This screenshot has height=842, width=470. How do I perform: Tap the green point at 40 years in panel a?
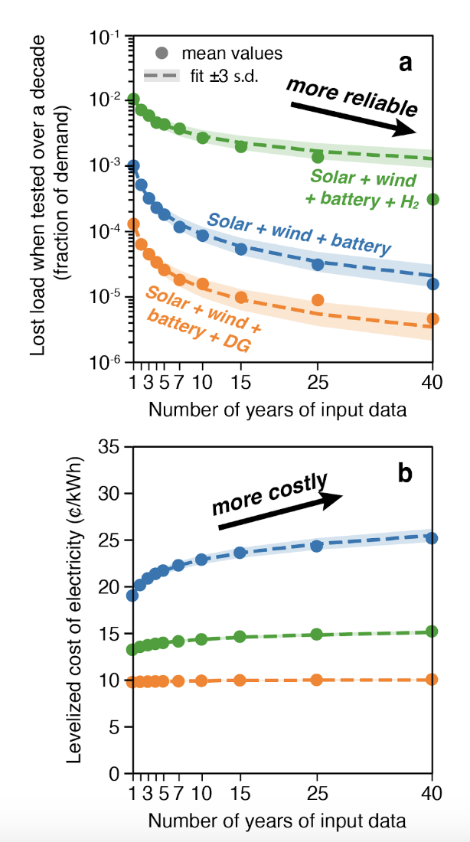(x=432, y=199)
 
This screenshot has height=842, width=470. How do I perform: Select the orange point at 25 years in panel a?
(x=318, y=300)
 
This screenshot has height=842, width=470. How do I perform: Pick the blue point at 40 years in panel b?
(x=432, y=538)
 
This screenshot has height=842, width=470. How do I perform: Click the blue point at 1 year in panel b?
(x=132, y=595)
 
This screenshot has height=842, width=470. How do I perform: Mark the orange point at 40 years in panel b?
(x=432, y=679)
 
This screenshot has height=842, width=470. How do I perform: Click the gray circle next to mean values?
(x=162, y=54)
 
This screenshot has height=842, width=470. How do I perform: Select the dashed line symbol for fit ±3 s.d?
(x=162, y=77)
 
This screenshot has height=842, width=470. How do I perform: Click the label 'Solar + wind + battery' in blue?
(x=299, y=233)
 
